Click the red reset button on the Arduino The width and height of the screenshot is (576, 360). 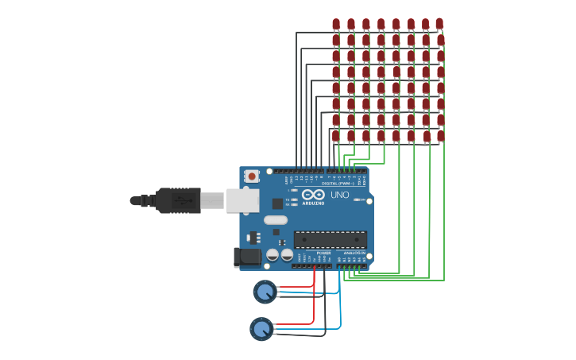coord(252,176)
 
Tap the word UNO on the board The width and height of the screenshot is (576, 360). coord(339,195)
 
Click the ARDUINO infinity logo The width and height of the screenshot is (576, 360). coord(313,195)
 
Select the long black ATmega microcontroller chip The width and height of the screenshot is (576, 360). coord(330,239)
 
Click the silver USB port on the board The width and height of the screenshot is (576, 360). coord(242,200)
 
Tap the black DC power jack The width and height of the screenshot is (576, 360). coord(249,257)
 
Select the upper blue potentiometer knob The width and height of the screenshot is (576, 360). coord(265,292)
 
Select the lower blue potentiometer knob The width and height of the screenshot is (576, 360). coord(261,328)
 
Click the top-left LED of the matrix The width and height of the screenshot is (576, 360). coord(336,25)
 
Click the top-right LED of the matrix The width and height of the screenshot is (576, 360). coord(439,24)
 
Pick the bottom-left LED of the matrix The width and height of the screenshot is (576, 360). coord(336,136)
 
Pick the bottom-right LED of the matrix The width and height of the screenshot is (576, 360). coord(440,136)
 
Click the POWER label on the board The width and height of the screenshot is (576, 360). coord(313,253)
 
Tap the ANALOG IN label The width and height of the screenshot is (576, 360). coord(354,253)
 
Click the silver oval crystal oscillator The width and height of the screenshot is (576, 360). coord(275,220)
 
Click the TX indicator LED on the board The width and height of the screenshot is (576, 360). coord(294,199)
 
